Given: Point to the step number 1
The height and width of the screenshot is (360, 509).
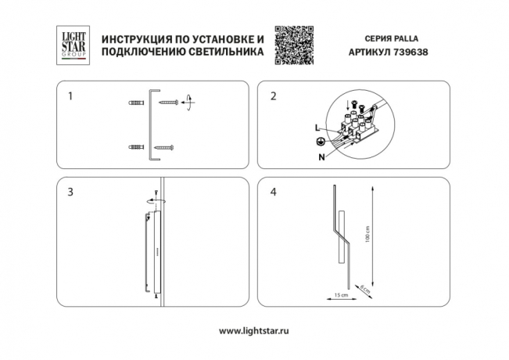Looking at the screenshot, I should coord(71,97).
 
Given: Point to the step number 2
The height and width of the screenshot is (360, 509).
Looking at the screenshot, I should coord(273,97).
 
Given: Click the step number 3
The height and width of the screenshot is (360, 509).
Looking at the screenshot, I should coord(71,192).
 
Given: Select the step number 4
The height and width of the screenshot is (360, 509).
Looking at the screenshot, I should coord(273,192).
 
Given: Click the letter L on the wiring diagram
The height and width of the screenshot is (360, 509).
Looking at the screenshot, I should coord(317,127).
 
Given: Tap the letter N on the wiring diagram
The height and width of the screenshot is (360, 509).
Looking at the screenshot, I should coord(321,156).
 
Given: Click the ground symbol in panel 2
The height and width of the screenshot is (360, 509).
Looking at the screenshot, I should coord(319,142).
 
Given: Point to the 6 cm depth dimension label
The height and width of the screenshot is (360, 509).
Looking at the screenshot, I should coord(364,290).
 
